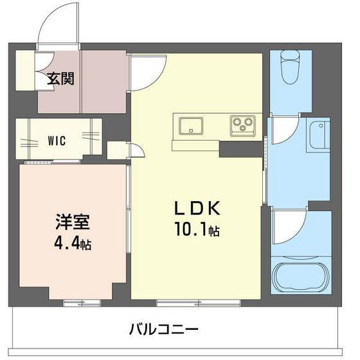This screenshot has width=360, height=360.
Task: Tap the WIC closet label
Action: click(57, 138)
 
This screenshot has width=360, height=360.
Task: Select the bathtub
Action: click(300, 278)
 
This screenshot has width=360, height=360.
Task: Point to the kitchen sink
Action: click(190, 124)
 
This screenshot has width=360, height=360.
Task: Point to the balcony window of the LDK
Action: click(185, 301)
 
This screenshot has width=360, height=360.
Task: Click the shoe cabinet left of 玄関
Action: click(25, 70)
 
